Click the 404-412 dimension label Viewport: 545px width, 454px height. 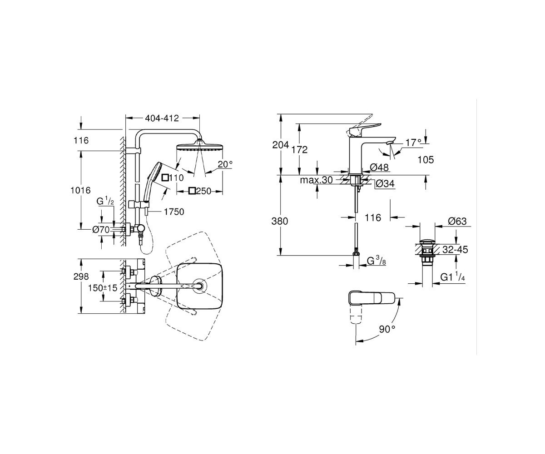[x=162, y=118]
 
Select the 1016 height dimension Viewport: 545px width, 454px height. [x=80, y=190]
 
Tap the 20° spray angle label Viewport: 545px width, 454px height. [x=225, y=164]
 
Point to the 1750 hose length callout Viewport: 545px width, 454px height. [x=174, y=212]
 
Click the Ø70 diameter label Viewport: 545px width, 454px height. [x=101, y=230]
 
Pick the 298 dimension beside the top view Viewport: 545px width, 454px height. [x=81, y=276]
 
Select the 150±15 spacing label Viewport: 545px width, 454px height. [x=103, y=288]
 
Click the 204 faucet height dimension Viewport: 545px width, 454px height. [x=281, y=145]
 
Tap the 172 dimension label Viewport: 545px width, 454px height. [x=300, y=149]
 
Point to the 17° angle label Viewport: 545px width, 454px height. [x=413, y=142]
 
